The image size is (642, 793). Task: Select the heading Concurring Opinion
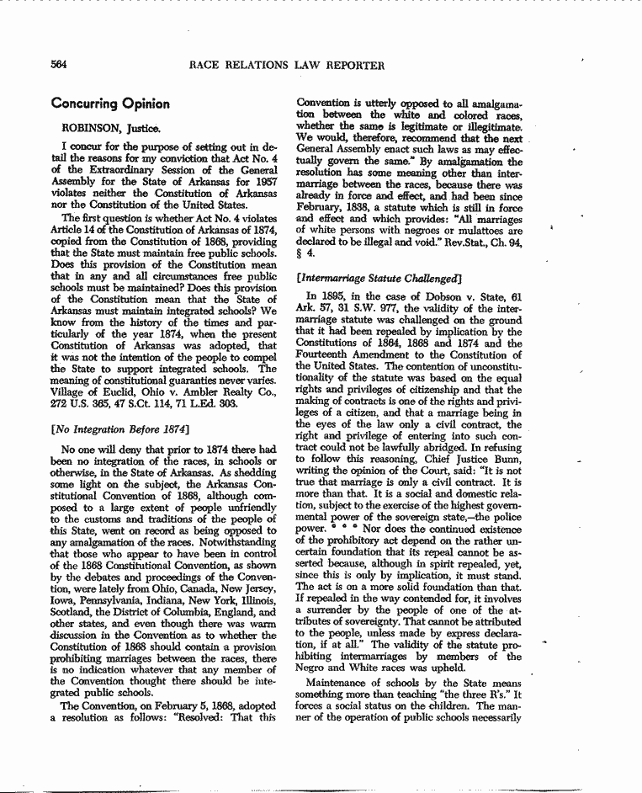point(110,104)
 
